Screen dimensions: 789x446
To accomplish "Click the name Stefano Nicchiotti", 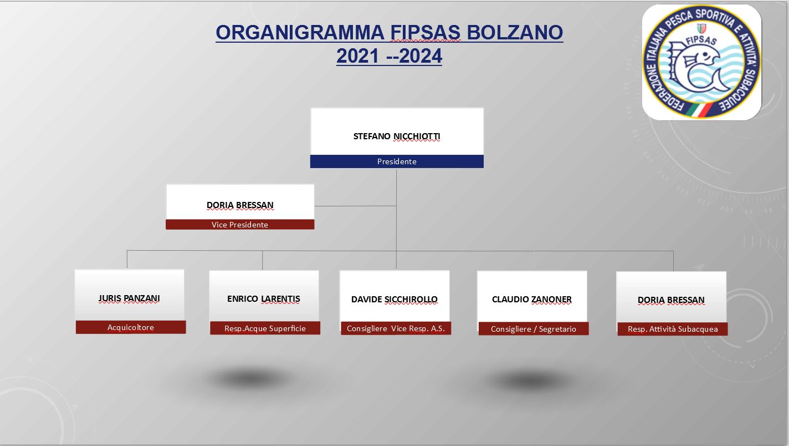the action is pos(397,136).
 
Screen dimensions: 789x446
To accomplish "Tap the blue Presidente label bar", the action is pos(397,161).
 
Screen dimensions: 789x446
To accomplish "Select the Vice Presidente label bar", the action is pos(240,225).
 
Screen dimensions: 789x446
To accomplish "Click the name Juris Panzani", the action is pos(129,298).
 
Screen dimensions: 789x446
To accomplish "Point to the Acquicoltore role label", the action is pos(131,327).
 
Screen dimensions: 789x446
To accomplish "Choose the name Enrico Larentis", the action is pos(264,298).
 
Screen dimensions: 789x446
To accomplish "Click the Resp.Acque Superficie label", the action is pos(265,328).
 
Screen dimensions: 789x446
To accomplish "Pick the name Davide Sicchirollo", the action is pos(394,299).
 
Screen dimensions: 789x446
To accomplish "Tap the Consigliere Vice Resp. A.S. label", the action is pos(396,328).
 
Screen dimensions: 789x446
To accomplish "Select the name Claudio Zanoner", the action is pos(531,299).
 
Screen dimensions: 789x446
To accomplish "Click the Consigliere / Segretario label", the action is pos(533,329).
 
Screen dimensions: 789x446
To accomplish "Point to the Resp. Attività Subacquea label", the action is pos(673,329).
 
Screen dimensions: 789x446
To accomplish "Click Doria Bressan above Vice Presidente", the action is pos(240,205).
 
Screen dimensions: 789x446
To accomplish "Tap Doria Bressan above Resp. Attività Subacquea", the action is pos(671,300).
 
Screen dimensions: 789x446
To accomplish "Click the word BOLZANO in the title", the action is pos(515,32).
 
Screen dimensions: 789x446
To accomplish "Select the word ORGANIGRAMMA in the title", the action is pos(300,32).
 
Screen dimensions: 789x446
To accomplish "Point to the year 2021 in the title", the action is pos(357,55).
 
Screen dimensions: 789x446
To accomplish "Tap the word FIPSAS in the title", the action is pos(425,32).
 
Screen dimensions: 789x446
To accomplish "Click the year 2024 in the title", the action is pos(421,55).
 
